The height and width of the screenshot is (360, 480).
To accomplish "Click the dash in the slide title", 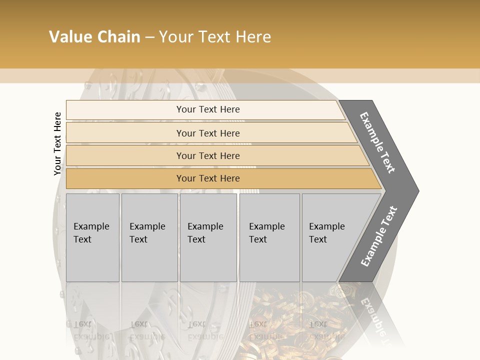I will [x=149, y=37].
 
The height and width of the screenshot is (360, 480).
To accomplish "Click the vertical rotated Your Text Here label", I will [x=57, y=143].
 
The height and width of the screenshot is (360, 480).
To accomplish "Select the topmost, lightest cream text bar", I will [x=207, y=109].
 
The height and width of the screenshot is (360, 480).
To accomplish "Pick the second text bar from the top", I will [x=207, y=133].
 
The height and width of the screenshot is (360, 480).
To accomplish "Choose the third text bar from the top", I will [x=207, y=155].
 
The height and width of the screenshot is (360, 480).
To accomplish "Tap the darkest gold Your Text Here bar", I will [x=207, y=178].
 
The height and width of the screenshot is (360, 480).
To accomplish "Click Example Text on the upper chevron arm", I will [x=377, y=142].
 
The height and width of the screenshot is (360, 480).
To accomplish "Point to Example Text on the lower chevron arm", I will [x=378, y=236].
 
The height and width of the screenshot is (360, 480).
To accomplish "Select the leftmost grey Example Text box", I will [x=92, y=237].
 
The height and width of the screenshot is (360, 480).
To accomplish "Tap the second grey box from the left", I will [x=149, y=237].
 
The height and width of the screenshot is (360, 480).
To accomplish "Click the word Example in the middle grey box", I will [x=205, y=226].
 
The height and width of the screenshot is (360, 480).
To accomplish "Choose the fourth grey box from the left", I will [x=269, y=237].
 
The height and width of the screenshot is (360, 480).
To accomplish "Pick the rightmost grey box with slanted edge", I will [x=332, y=237].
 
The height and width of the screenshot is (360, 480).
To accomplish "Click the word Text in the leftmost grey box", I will [x=82, y=239].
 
